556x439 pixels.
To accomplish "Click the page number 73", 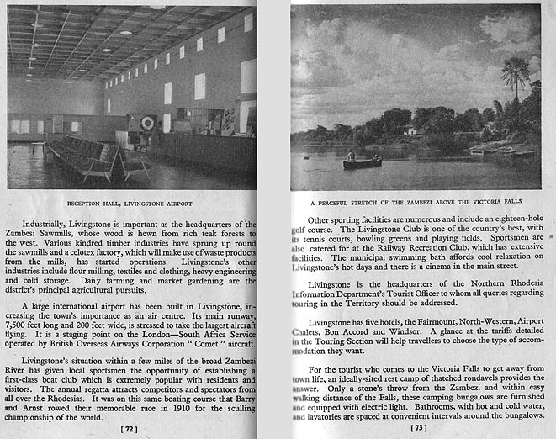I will coord(418,428).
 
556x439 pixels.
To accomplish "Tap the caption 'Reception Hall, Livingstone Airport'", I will coord(130,204).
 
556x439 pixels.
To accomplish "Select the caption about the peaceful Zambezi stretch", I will coord(418,203).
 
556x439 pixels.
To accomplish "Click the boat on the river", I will coord(362,162).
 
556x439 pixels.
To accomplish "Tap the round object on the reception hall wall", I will coord(148,123).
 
